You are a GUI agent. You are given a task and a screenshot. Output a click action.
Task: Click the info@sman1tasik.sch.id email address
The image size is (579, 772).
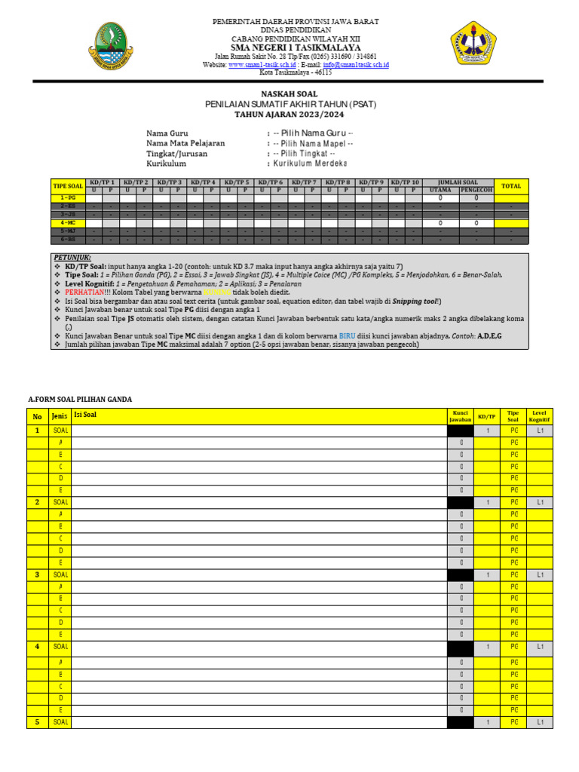tap(356, 66)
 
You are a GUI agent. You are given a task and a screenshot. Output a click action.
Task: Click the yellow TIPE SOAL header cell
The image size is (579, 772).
tap(68, 185)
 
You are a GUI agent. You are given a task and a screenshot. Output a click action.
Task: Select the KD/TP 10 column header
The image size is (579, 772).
tap(405, 182)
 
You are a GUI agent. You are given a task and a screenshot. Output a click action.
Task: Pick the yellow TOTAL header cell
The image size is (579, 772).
tap(511, 185)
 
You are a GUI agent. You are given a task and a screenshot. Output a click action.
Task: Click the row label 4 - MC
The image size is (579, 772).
tap(68, 223)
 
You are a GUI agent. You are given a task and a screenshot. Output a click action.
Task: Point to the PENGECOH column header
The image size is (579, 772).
tap(476, 190)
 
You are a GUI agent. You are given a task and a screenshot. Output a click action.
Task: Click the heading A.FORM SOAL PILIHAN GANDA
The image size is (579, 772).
tap(80, 399)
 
